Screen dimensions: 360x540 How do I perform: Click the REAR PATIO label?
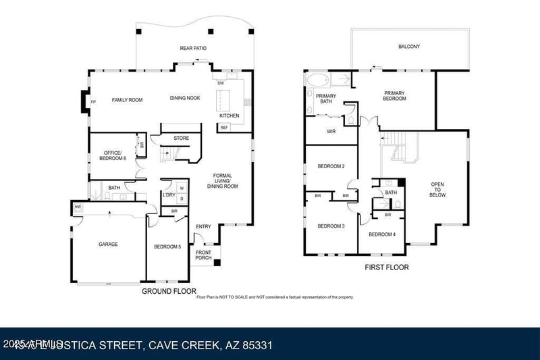click(x=192, y=48)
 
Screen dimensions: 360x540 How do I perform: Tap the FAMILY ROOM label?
click(x=127, y=100)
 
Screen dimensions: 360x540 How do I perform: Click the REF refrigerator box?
click(x=224, y=126)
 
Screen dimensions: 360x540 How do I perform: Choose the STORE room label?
click(x=181, y=138)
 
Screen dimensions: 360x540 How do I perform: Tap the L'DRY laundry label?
click(x=169, y=195)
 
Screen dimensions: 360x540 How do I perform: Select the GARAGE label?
click(x=108, y=244)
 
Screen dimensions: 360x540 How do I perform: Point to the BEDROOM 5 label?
click(x=167, y=247)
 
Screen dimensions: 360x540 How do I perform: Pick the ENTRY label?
click(x=203, y=226)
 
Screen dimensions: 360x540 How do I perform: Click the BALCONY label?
click(x=408, y=47)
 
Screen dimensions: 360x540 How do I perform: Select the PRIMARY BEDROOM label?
click(x=395, y=96)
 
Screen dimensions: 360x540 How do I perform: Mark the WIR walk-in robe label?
click(x=331, y=131)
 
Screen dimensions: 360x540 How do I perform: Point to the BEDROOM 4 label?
click(x=382, y=234)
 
